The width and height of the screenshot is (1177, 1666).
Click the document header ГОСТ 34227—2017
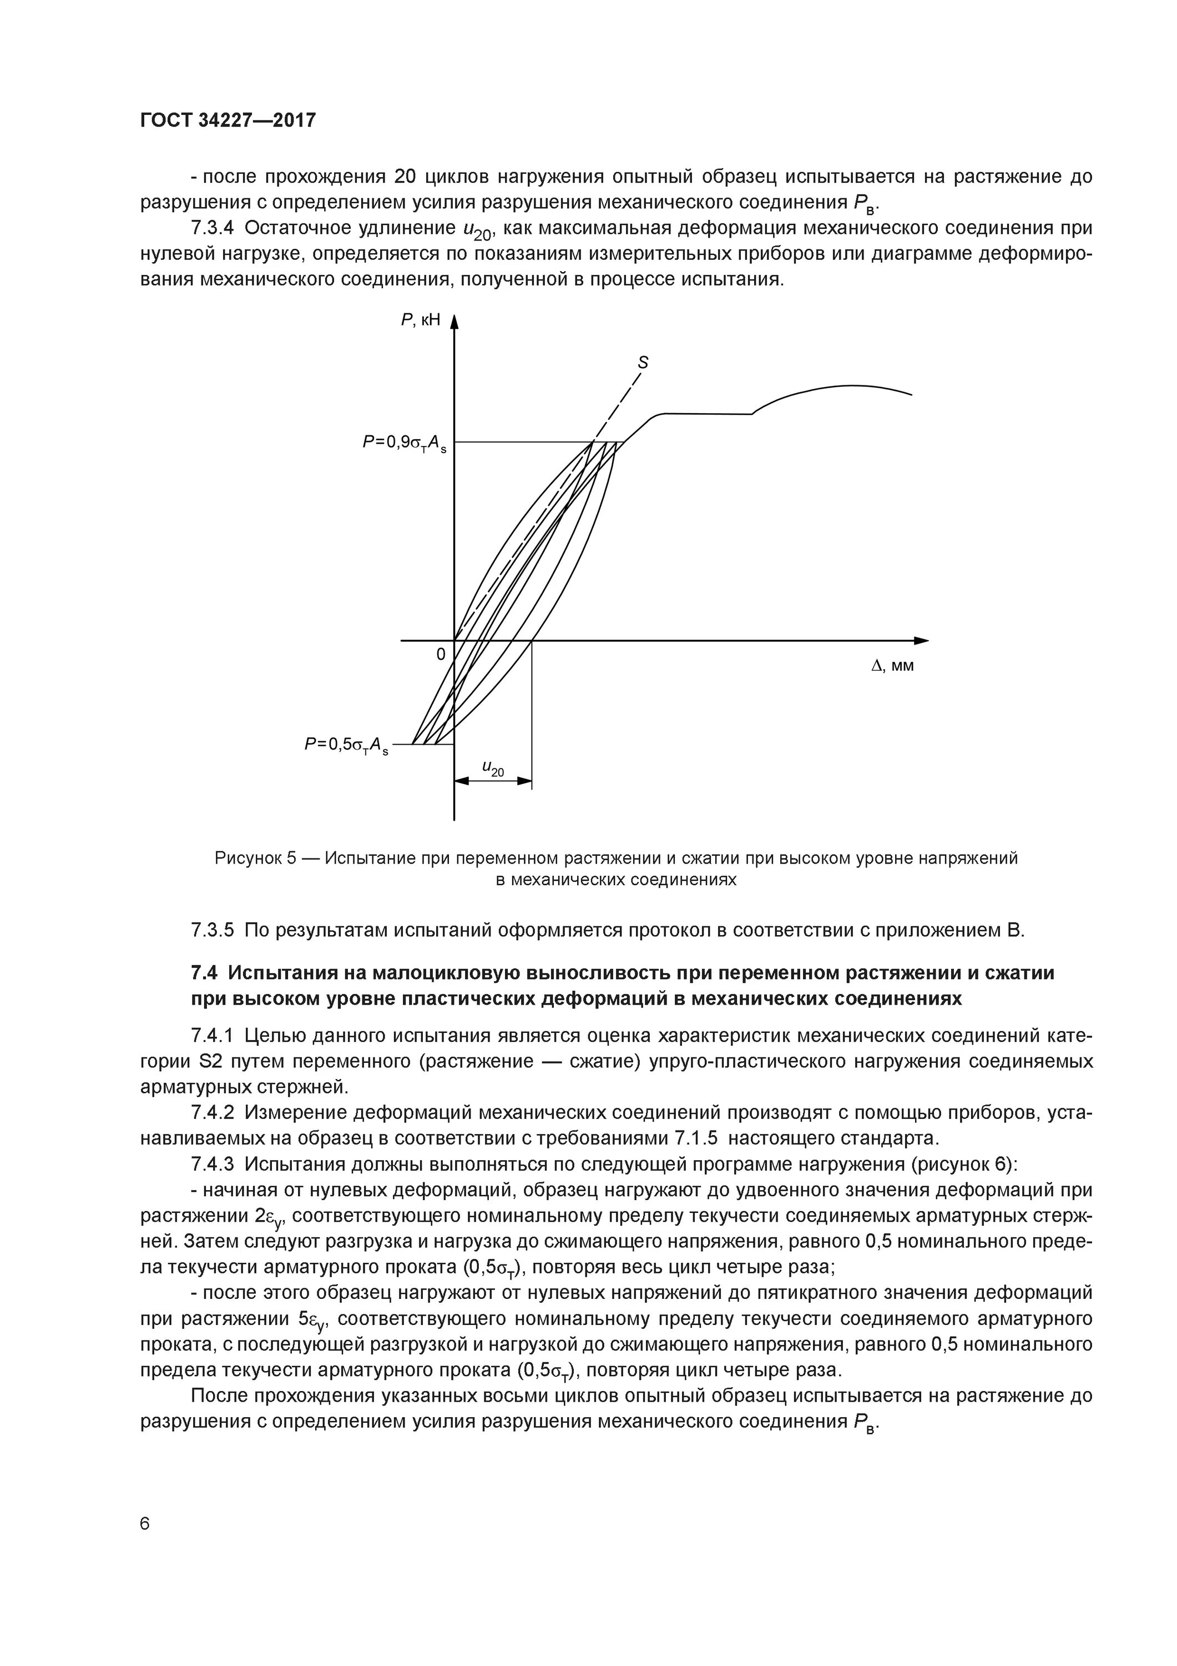click(x=228, y=120)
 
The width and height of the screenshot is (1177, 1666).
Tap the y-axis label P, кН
click(x=420, y=319)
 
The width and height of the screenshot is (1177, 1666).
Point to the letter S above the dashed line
click(x=643, y=363)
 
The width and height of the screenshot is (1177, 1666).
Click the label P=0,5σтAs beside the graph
click(x=346, y=745)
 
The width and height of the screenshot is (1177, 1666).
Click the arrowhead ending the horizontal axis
click(x=921, y=641)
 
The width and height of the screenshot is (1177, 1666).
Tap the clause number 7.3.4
click(x=212, y=228)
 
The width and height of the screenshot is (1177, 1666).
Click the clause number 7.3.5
click(x=212, y=930)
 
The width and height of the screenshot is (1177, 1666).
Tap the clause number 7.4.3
click(x=212, y=1164)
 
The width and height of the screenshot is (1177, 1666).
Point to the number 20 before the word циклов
click(x=406, y=177)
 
